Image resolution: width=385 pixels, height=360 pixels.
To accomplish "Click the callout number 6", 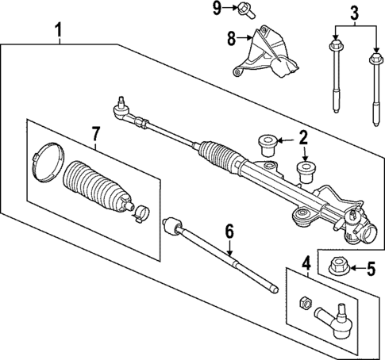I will point(229,232).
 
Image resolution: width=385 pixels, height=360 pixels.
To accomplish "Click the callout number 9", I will point(217,9).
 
